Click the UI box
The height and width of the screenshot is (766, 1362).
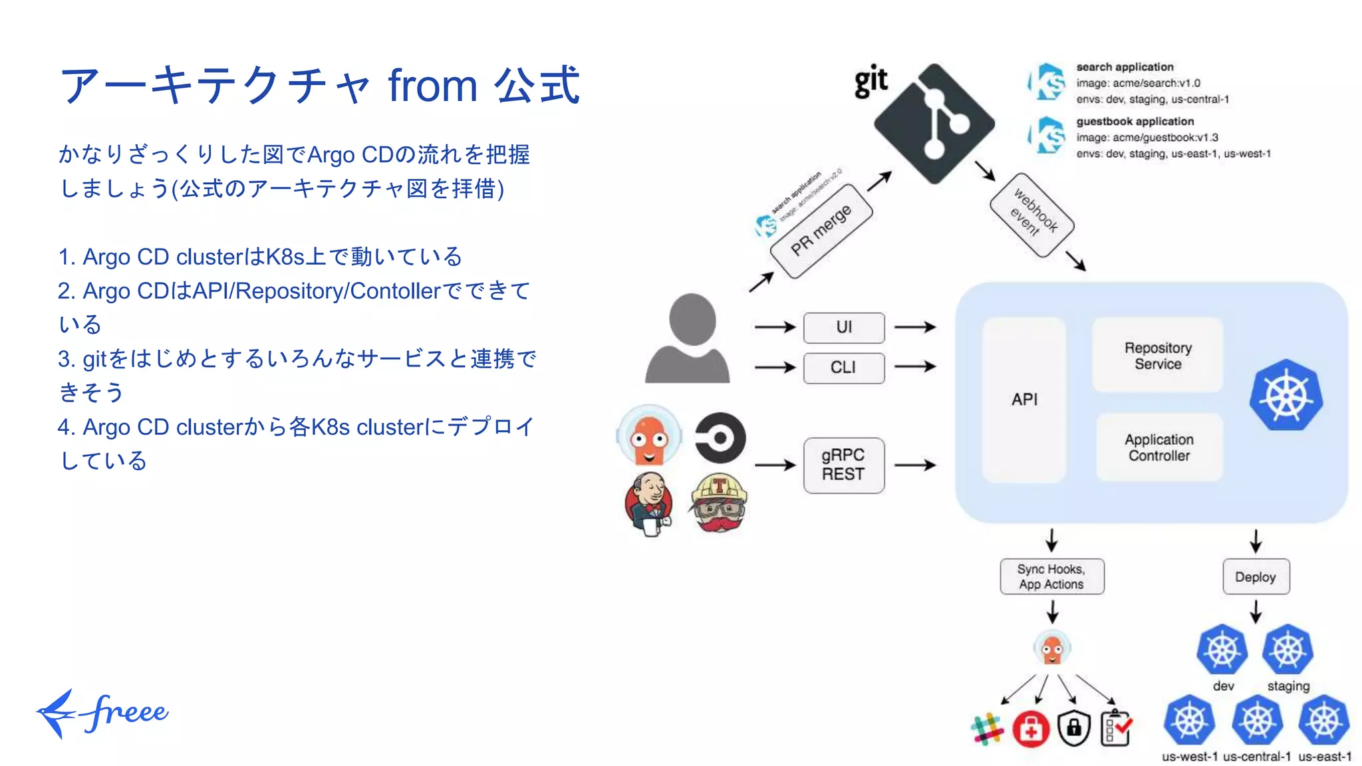tap(843, 327)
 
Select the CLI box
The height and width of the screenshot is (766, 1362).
tap(843, 368)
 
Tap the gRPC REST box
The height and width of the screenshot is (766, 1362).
tap(843, 465)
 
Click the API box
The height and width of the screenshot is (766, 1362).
tap(1024, 399)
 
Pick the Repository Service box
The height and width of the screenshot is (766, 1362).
tap(1157, 355)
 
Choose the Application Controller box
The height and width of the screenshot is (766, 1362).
tap(1158, 447)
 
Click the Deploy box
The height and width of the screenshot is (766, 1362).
tap(1255, 576)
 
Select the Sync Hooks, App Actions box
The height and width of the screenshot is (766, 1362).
tap(1051, 576)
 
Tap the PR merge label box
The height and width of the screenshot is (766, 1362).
tap(821, 231)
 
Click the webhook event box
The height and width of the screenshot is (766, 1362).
tap(1032, 215)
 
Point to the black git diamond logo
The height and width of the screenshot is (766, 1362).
tap(934, 124)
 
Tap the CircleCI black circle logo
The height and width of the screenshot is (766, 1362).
tap(720, 438)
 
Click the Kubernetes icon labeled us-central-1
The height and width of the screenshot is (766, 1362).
tap(1256, 721)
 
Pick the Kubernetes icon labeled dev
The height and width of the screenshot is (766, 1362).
tap(1222, 650)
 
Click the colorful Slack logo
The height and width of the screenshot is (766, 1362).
tap(987, 729)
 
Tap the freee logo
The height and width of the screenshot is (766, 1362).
tap(103, 713)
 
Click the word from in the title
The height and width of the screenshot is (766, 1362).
tap(432, 86)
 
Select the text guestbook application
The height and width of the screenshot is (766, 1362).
tap(1135, 122)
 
